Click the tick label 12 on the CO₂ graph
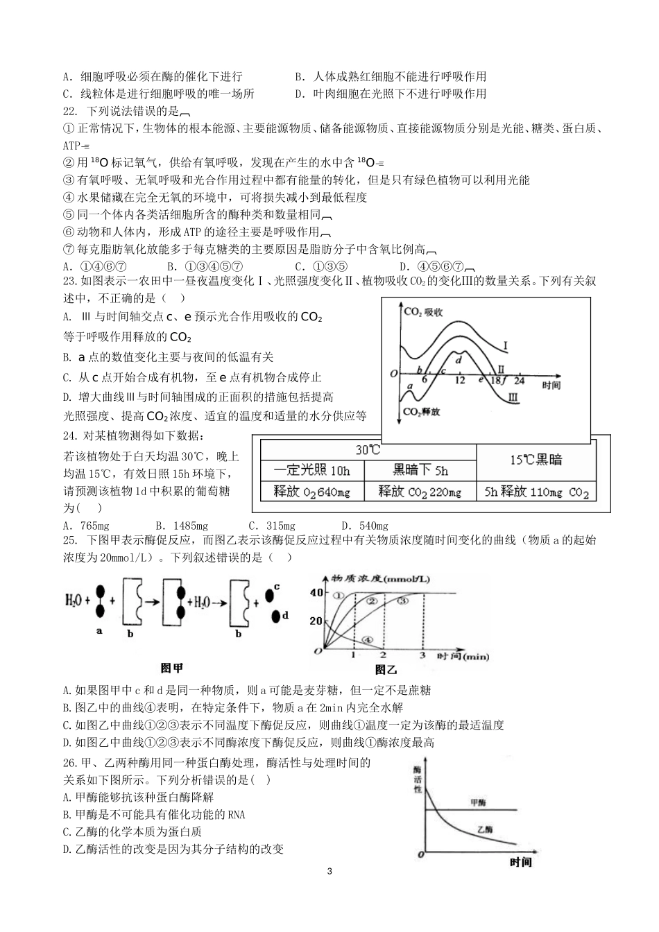point(461,381)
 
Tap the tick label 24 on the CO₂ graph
point(520,381)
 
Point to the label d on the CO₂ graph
point(459,359)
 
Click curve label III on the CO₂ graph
point(513,397)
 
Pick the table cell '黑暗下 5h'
point(420,470)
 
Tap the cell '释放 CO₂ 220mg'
point(420,492)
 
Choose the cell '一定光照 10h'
point(312,470)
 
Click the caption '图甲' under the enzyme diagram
point(171,668)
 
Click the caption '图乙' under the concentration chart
point(386,669)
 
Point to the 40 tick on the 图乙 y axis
point(316,592)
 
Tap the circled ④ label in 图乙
point(368,640)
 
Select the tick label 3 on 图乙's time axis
point(423,655)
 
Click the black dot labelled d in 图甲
point(275,615)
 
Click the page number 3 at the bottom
point(329,871)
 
